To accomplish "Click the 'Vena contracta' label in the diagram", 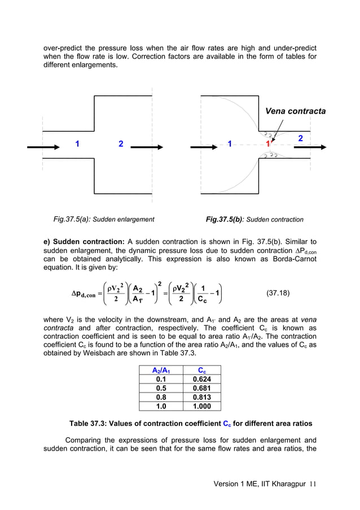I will (x=295, y=111).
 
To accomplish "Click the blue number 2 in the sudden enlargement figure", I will (x=121, y=144).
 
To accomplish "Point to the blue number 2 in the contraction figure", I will (x=300, y=138).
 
